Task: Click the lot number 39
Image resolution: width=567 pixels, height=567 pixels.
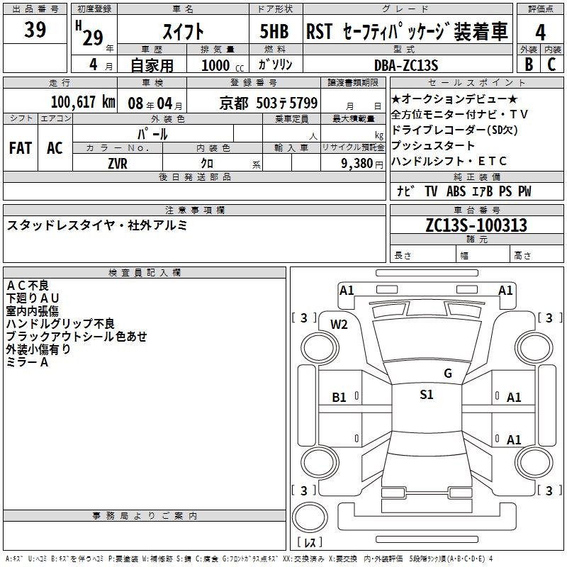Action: tap(35, 30)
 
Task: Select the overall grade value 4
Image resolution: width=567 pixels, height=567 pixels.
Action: tap(540, 32)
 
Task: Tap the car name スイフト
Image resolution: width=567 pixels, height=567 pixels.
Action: tap(184, 32)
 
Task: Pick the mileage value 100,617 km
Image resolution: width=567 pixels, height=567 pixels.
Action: tap(83, 101)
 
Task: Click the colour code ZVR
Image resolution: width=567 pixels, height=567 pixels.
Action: tap(118, 163)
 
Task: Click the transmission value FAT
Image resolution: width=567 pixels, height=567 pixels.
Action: tap(21, 148)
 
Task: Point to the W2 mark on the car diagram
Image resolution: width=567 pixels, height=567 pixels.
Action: tap(339, 324)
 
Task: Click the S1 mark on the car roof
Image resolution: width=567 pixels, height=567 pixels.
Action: tap(426, 395)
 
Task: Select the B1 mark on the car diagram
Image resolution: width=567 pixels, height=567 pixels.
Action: tap(339, 398)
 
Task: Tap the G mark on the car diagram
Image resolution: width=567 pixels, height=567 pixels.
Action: tap(447, 374)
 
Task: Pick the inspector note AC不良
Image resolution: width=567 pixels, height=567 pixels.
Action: tap(28, 285)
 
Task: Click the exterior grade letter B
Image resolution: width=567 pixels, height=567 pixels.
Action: tap(529, 64)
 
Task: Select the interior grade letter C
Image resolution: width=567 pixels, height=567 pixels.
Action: tap(552, 64)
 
